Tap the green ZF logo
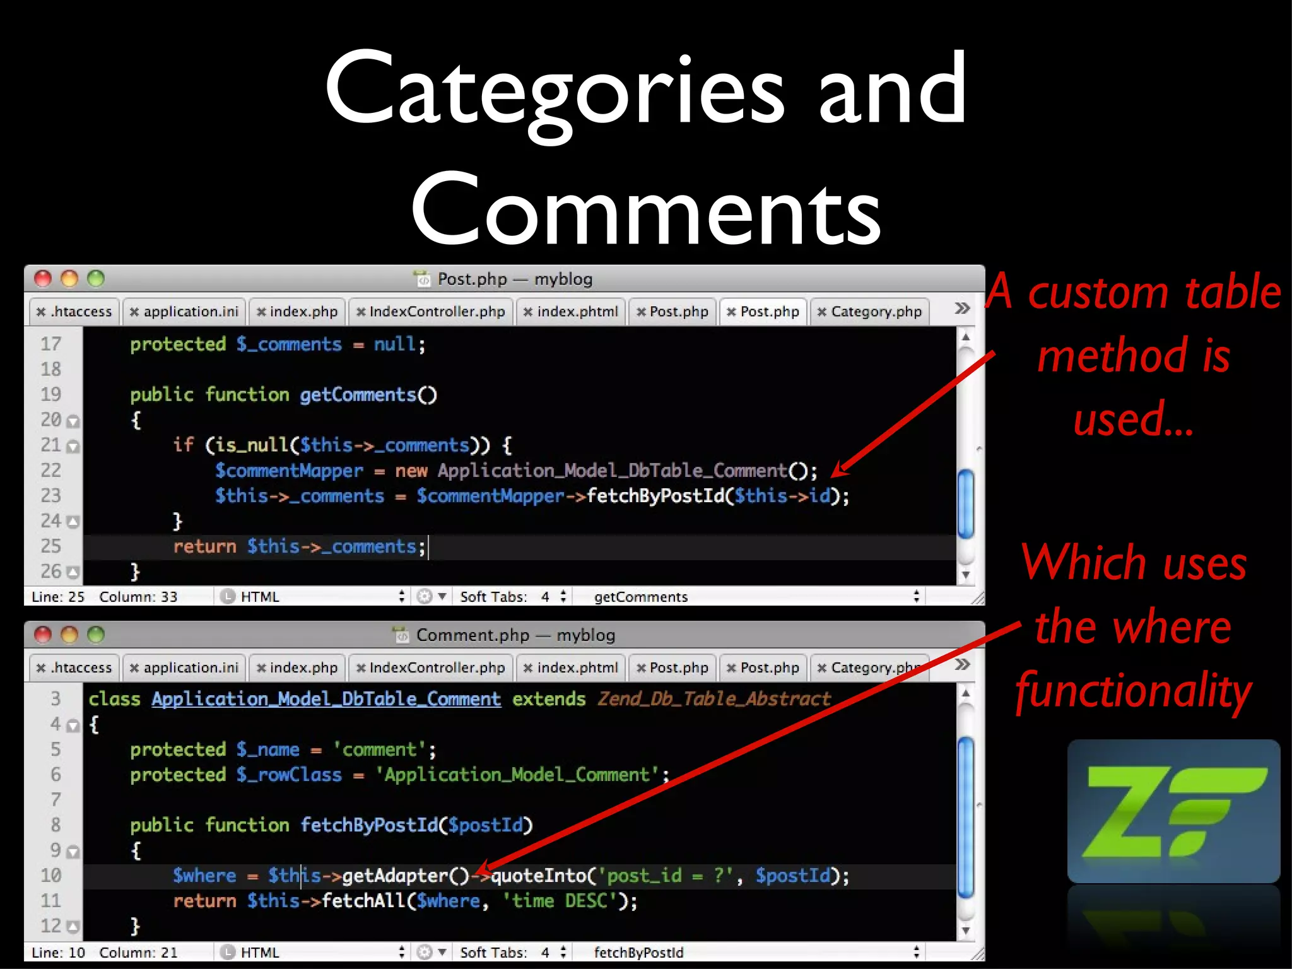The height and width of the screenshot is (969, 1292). tap(1173, 811)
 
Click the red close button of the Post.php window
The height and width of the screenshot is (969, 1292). tap(43, 278)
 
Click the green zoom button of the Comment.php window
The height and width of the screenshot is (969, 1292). tap(96, 634)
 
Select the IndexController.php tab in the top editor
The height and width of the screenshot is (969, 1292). tap(431, 312)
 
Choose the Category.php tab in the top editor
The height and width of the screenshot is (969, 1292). tap(870, 312)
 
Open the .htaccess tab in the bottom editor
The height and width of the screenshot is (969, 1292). tap(74, 667)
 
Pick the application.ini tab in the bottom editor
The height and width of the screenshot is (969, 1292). tap(184, 667)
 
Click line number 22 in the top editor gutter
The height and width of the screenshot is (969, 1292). tap(51, 471)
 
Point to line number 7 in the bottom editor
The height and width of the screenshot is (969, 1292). tap(56, 800)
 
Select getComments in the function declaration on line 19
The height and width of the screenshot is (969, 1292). tap(358, 395)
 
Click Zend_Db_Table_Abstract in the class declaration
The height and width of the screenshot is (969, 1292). tap(714, 699)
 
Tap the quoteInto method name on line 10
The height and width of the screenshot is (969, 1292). tap(539, 876)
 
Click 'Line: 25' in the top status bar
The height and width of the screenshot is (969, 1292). tap(58, 597)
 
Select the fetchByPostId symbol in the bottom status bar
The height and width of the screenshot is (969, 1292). tap(638, 953)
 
